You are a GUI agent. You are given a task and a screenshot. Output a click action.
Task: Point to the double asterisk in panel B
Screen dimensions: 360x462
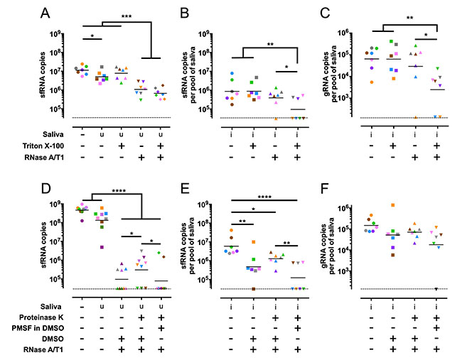(271, 43)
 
